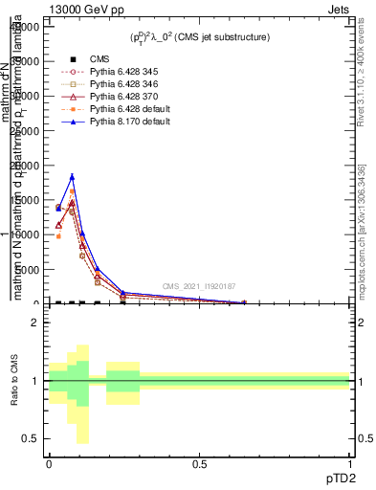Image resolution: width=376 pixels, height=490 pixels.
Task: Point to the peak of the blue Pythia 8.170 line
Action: (x=72, y=176)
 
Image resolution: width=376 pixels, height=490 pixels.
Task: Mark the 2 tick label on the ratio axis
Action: (x=35, y=323)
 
